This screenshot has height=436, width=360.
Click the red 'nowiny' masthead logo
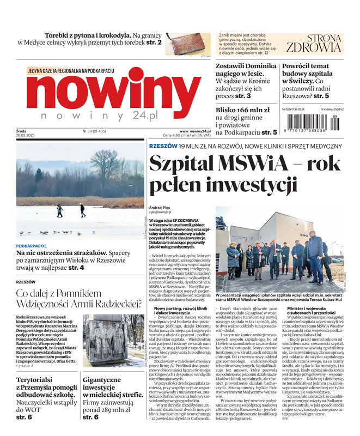point(113,93)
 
